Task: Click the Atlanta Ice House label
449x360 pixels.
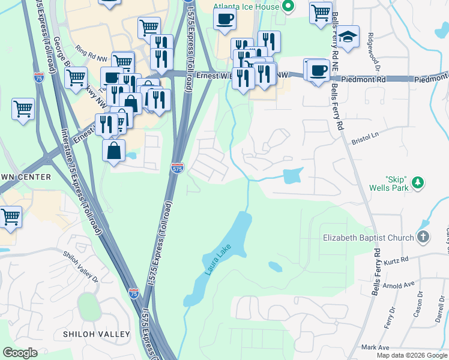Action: [247, 7]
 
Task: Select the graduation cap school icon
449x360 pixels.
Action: [348, 37]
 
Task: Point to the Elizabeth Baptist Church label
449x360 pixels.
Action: [368, 238]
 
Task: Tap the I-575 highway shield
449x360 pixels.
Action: [177, 168]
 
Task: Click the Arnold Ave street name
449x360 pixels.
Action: [399, 285]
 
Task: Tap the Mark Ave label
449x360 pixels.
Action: [375, 347]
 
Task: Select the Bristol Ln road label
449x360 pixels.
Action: [365, 137]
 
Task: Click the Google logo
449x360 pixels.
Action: [20, 353]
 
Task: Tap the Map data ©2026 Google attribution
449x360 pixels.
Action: [411, 355]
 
